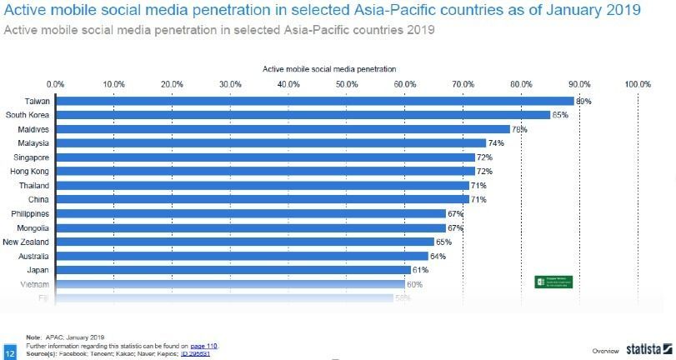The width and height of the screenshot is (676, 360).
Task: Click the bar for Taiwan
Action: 314,101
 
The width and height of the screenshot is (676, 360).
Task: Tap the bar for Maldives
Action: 283,129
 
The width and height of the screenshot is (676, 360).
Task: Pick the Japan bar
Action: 233,269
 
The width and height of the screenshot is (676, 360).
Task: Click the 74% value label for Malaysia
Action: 495,143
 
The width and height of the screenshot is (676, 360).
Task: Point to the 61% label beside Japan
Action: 419,270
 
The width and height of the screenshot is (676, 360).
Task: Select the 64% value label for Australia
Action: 437,256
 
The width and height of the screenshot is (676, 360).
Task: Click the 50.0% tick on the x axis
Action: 347,83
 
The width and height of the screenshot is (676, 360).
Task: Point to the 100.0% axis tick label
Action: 638,83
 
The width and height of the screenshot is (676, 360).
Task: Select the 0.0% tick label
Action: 56,83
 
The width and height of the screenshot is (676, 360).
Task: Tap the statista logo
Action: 645,350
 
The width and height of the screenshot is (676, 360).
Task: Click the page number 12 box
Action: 10,350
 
